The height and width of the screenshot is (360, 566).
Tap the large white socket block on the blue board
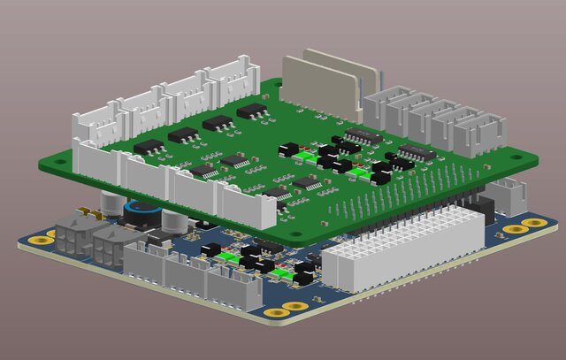(x=402, y=252)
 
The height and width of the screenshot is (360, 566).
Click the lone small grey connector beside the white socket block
(x=509, y=195)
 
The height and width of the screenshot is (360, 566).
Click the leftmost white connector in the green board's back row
(x=96, y=125)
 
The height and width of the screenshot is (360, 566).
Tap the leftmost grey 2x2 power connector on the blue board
(x=71, y=239)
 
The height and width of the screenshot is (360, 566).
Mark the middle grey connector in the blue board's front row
(x=181, y=276)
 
